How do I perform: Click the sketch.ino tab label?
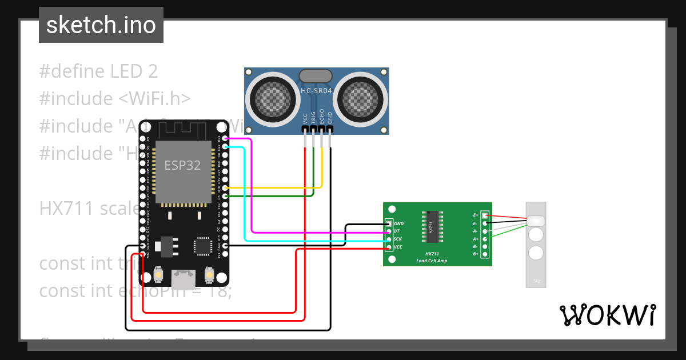101,25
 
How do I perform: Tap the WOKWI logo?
607,315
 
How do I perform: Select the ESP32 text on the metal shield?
182,166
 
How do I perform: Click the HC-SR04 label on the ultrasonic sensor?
316,91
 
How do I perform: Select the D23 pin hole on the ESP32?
226,139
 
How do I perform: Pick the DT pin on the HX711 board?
389,231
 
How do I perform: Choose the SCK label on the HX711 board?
398,239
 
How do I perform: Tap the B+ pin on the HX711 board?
485,254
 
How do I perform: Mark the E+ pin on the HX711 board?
485,215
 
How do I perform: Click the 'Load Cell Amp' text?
432,261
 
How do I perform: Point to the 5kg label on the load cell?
536,281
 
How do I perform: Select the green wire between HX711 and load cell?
509,231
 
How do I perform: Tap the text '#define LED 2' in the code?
98,71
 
